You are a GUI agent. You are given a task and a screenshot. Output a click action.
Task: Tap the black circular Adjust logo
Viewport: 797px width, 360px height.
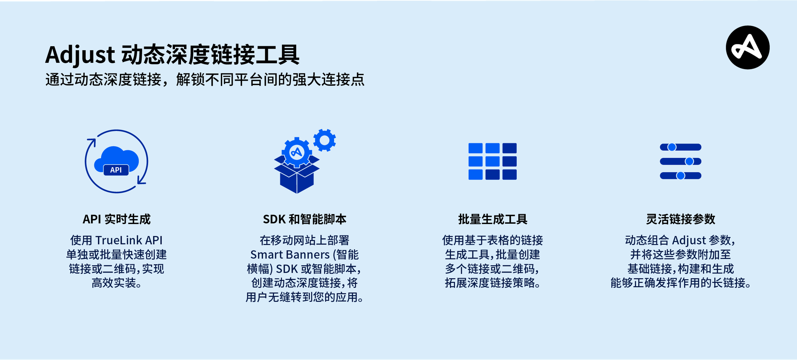747,47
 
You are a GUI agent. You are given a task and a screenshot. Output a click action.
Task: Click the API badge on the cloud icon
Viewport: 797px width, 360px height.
116,170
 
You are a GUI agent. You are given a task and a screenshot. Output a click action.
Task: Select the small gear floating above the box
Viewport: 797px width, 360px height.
325,140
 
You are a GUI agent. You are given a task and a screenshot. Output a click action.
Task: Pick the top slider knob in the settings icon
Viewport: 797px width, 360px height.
672,147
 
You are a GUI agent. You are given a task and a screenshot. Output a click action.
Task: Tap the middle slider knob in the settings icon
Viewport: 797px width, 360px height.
689,161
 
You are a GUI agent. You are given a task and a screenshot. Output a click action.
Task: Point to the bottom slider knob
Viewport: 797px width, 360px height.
680,176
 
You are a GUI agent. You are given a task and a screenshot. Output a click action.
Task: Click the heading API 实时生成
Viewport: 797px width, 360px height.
116,219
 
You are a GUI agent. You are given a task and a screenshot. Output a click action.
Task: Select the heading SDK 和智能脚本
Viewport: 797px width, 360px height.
304,219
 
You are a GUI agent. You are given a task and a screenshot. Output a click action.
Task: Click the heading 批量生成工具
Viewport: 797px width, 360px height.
493,219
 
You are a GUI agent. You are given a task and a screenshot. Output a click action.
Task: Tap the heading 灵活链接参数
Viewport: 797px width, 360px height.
680,219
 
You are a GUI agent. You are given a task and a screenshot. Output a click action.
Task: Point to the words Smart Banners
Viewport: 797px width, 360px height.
290,254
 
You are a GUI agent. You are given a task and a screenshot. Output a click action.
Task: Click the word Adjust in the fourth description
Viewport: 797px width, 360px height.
689,240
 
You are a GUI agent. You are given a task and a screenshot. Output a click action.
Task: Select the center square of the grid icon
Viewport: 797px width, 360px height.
492,161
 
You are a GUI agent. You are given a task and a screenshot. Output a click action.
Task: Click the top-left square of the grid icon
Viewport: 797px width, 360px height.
475,148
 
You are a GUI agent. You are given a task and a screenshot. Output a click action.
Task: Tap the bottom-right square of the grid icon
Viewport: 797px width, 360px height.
509,174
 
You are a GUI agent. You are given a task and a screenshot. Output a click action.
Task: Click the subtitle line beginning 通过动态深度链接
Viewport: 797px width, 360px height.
205,79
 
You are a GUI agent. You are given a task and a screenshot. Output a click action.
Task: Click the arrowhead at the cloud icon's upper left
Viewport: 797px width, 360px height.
92,142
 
